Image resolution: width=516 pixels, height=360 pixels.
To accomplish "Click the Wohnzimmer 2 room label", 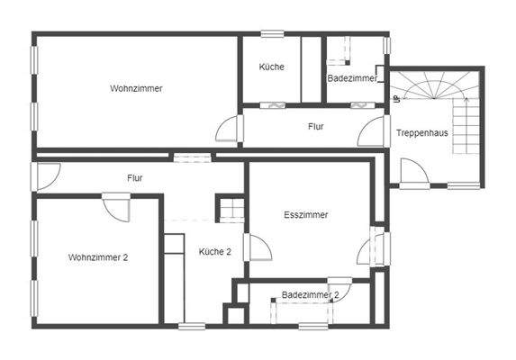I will coord(98,257).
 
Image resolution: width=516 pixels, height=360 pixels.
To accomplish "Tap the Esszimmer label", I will coord(305,215).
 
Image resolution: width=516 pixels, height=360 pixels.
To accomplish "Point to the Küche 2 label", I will coord(215,252).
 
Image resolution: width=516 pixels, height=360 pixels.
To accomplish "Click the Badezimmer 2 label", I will coord(310,294).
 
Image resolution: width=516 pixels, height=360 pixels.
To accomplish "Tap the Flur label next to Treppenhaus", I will coord(315,127).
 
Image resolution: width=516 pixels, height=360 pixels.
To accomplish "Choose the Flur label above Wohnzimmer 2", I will coord(135,178).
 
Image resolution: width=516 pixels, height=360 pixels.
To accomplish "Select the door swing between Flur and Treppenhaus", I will coord(369,132).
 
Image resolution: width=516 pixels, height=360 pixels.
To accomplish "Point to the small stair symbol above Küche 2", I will coord(230,209).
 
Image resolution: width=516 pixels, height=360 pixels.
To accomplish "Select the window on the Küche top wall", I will coord(272,34).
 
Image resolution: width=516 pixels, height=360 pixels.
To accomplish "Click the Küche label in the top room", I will coord(271,67).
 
